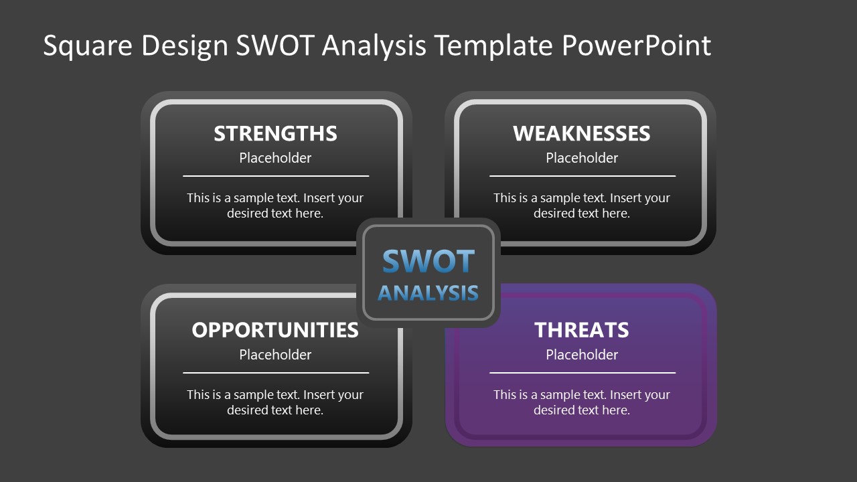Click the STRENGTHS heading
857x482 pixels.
(275, 134)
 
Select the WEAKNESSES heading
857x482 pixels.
(581, 134)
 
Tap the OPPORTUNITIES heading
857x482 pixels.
(275, 330)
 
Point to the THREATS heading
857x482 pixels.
(581, 330)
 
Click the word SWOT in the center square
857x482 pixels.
(428, 262)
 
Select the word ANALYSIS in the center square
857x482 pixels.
(428, 293)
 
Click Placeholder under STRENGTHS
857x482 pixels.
(275, 158)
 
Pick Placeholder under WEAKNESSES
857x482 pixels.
(581, 158)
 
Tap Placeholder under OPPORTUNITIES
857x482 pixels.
(275, 355)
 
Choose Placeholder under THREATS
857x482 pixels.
(581, 355)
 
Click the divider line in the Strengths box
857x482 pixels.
(275, 176)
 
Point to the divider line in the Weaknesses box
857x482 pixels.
(582, 176)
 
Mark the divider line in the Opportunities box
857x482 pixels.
(275, 373)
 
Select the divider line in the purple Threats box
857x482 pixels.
(582, 373)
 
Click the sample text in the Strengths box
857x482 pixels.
(275, 206)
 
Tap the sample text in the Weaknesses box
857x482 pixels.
(581, 206)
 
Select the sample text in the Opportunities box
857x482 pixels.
(275, 402)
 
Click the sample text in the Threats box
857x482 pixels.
(581, 402)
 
